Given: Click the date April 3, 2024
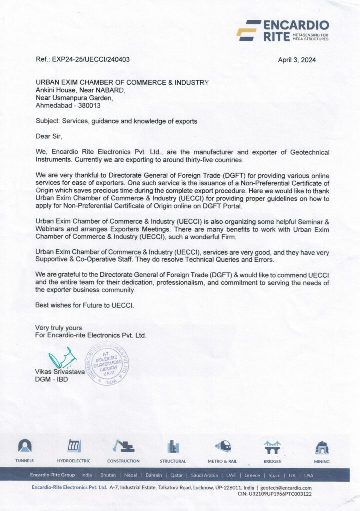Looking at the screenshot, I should tap(297, 60).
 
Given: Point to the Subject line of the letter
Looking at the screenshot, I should tap(116, 121).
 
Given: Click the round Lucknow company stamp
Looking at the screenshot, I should tap(107, 363).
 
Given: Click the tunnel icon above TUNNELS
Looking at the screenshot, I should tap(25, 446).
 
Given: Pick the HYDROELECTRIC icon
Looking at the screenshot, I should tap(74, 446).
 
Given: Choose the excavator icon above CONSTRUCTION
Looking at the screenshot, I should tap(123, 446).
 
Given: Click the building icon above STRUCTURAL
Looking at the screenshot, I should tap(173, 446).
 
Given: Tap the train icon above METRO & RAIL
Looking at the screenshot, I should tap(222, 446).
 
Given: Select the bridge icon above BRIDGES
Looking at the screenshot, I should tap(272, 446).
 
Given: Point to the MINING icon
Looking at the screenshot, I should tap(321, 446).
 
